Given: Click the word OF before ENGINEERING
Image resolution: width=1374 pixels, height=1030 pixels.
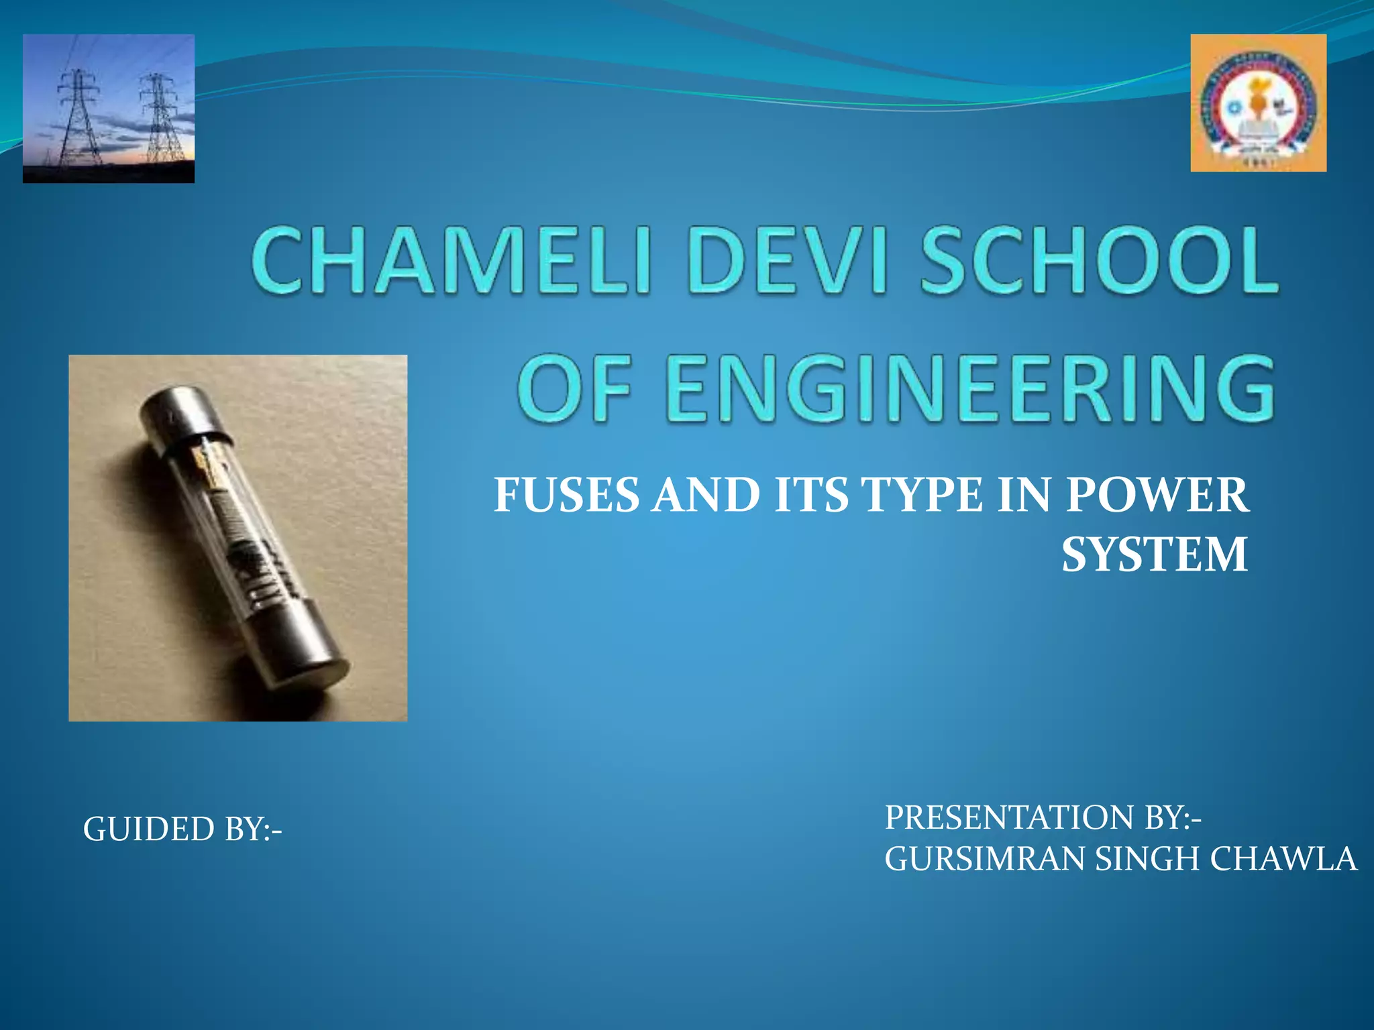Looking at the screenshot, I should pos(576,390).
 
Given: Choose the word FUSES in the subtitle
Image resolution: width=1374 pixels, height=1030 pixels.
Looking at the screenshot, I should pos(567,496).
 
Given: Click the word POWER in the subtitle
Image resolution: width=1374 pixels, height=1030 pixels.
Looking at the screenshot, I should pos(1157,496).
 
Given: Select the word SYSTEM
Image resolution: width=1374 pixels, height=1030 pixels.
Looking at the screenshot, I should pos(1154,555).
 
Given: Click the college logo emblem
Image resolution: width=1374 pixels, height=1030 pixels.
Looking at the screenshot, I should pos(1258,103).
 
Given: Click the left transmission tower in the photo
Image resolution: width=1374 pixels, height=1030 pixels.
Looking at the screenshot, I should pos(79,117).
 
